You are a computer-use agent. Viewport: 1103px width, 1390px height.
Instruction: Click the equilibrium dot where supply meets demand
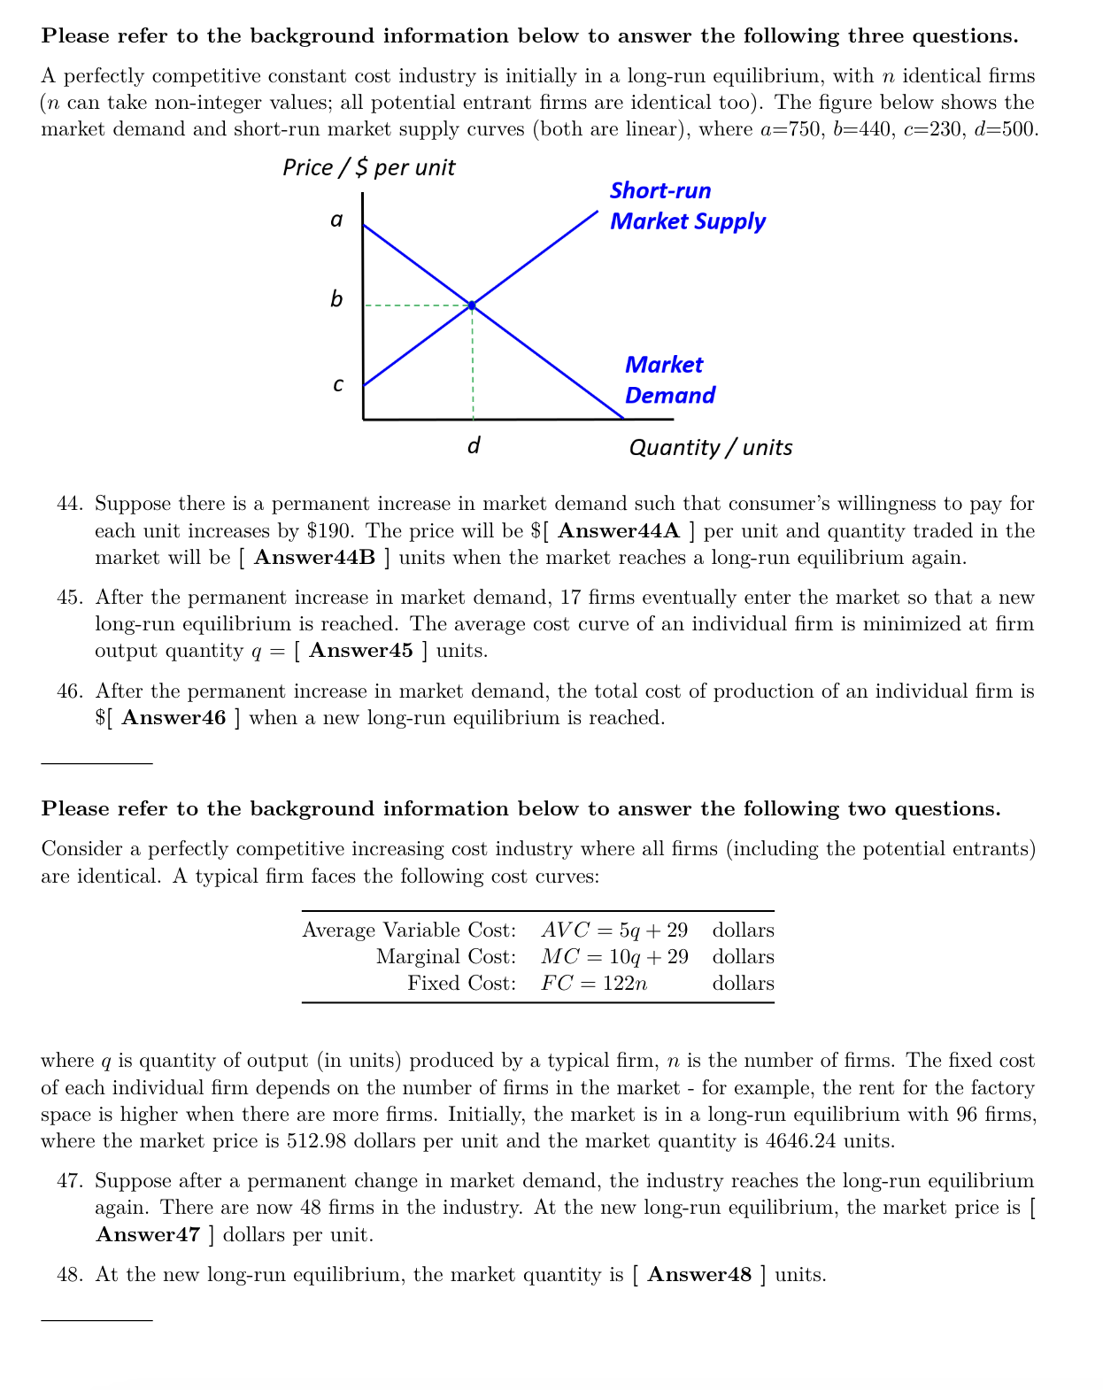(x=472, y=305)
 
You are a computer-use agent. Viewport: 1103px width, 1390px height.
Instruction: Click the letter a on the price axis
(x=336, y=220)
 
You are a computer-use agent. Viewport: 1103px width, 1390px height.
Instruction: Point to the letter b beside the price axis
(x=336, y=299)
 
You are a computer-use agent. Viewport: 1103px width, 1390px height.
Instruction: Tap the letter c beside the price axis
(x=337, y=384)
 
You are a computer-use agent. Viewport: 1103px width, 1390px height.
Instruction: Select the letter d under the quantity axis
(x=474, y=445)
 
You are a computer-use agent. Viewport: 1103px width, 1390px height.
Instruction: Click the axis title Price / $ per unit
(x=368, y=167)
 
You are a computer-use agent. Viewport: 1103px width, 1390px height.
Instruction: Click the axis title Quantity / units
(x=710, y=447)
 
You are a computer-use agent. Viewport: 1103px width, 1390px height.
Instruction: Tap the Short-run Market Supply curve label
(x=686, y=206)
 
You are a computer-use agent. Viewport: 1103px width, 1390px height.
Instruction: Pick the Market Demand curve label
(x=669, y=380)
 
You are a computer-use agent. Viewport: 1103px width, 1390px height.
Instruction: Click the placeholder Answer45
(x=361, y=651)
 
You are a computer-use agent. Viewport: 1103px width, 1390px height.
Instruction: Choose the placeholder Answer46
(x=174, y=718)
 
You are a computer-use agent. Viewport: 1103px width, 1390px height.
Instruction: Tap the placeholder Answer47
(x=148, y=1235)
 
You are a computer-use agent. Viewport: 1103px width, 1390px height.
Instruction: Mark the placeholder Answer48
(x=699, y=1275)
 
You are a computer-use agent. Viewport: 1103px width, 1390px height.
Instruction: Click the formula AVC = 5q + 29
(x=614, y=931)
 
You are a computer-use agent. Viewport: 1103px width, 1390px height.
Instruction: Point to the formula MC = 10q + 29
(x=614, y=957)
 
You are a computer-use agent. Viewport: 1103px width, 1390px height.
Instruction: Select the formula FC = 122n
(x=594, y=984)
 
